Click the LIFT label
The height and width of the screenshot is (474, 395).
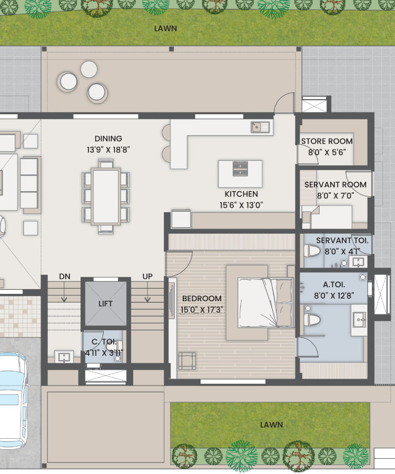tap(105, 303)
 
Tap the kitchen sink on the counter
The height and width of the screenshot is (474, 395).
tap(260, 127)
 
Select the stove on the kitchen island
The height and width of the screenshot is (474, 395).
tap(240, 169)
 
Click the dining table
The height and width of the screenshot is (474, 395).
tap(106, 196)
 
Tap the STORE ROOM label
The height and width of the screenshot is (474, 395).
tap(327, 141)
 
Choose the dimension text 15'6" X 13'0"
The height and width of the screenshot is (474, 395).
tap(241, 205)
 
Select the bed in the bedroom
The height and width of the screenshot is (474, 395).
tap(265, 303)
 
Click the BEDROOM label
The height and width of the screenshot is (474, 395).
tap(202, 299)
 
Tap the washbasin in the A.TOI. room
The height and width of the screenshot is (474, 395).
tap(359, 320)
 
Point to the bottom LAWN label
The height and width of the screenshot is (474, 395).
tap(272, 424)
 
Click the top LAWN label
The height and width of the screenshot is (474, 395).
tap(165, 28)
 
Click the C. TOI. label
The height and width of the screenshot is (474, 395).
tap(104, 342)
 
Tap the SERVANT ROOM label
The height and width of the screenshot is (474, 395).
tap(335, 184)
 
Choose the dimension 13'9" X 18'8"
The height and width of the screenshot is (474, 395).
tap(108, 150)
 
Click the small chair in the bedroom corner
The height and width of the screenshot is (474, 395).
tap(187, 361)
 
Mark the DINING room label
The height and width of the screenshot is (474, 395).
tap(108, 139)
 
